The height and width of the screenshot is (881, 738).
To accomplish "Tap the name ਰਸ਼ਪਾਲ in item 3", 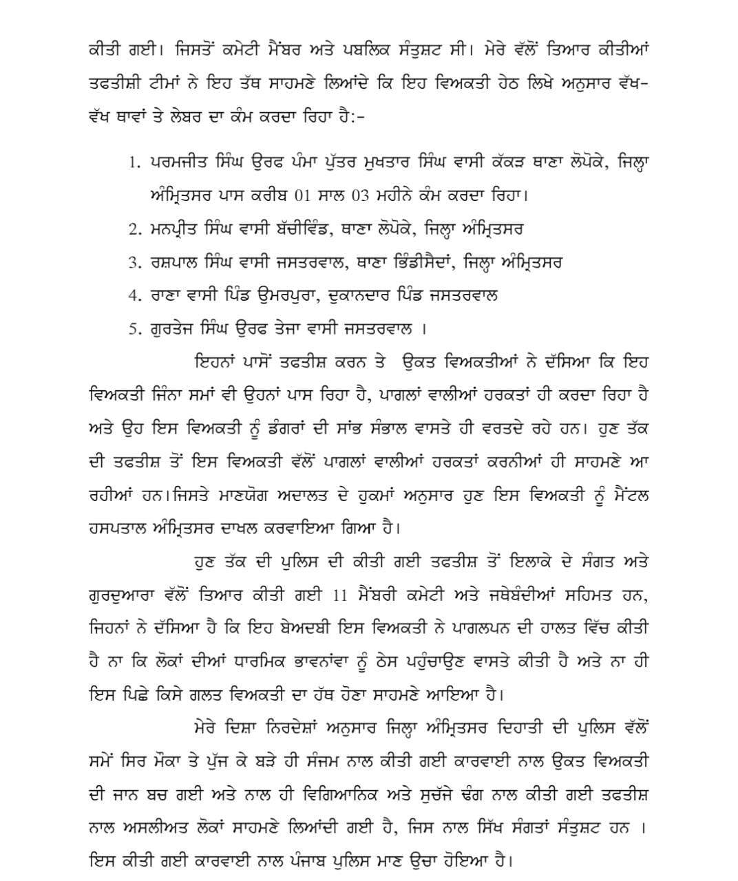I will pos(178,262).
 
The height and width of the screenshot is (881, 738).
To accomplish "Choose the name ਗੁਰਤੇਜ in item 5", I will pos(175,329).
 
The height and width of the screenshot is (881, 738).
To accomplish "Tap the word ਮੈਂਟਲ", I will pos(623,496).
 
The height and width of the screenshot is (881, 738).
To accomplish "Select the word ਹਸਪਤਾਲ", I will pos(121,529).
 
